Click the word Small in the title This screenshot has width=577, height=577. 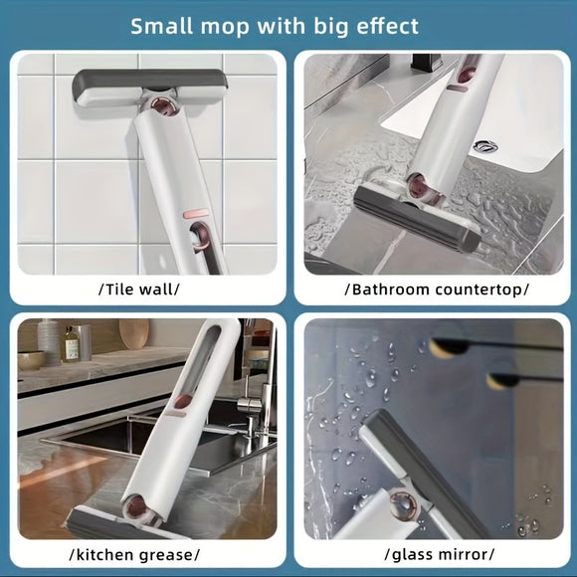(x=165, y=25)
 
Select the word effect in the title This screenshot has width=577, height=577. (x=383, y=25)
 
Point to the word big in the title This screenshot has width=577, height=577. (x=327, y=26)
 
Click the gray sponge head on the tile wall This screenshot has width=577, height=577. (x=152, y=91)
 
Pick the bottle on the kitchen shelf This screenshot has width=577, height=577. (x=71, y=343)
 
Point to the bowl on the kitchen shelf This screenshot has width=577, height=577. (x=32, y=359)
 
